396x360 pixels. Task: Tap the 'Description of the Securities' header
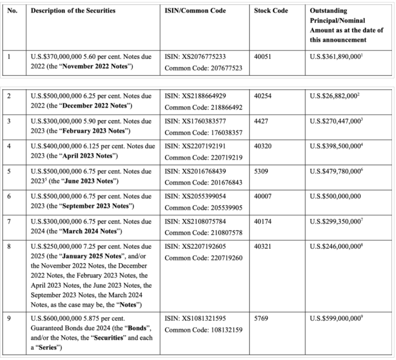tap(70, 11)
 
